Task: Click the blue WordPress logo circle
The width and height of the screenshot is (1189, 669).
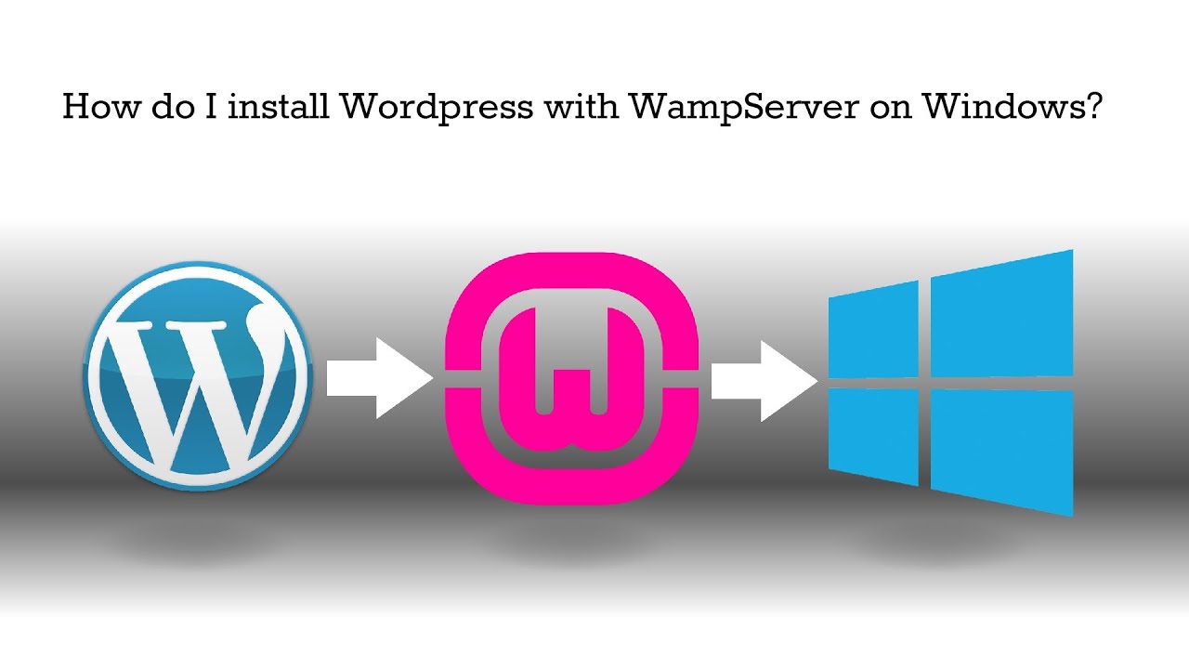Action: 197,375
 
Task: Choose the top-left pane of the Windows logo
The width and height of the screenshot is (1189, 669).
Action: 873,330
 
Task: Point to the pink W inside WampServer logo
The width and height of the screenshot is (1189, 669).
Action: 572,372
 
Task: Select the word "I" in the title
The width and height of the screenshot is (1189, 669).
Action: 210,107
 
